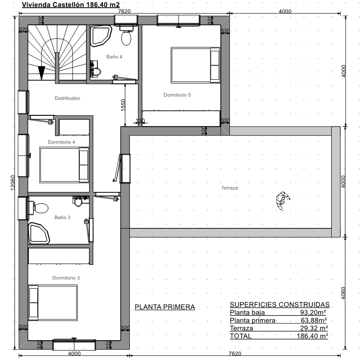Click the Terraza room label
[x=229, y=188]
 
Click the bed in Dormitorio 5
[x=195, y=65]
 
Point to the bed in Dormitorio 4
[x=64, y=165]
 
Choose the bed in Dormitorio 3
[x=53, y=303]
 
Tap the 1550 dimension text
[x=123, y=105]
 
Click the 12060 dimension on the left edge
[x=13, y=183]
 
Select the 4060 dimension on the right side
[x=343, y=293]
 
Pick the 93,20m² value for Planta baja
[x=313, y=312]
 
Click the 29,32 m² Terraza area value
[x=314, y=328]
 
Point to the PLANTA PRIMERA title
[x=165, y=307]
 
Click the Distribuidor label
[x=67, y=98]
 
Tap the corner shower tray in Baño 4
[x=101, y=36]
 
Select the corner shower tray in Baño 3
[x=38, y=233]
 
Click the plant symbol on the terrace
[x=283, y=201]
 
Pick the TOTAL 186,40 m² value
[x=312, y=336]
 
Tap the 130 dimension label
[x=140, y=121]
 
